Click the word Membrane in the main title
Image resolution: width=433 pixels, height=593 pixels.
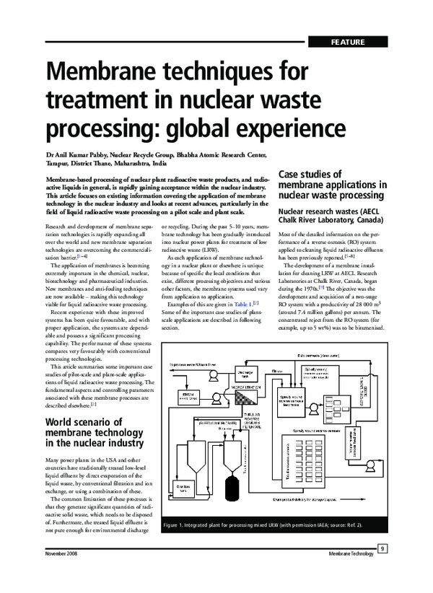[121, 75]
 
